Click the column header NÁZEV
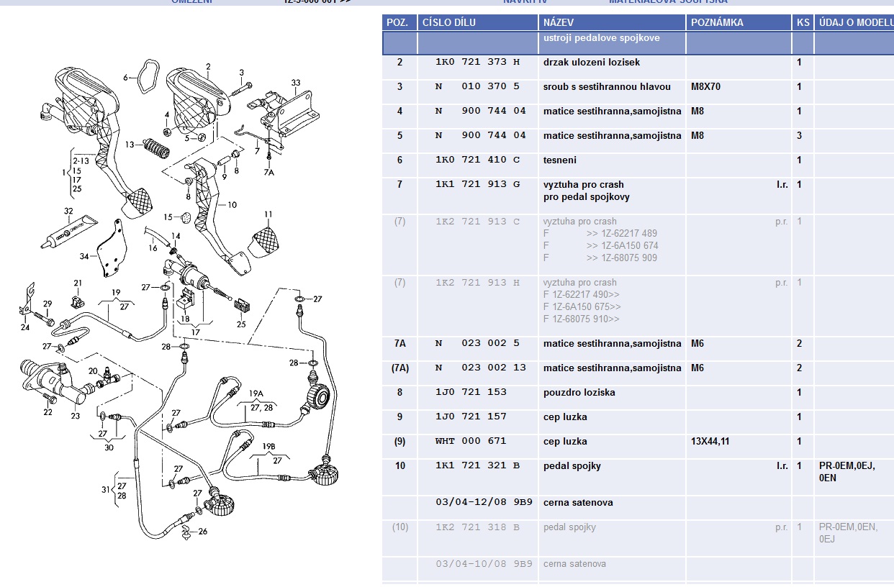point(559,22)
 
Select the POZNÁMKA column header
point(717,22)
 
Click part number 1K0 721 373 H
point(477,63)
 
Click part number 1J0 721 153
point(471,393)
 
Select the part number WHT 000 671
point(471,442)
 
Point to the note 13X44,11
point(710,442)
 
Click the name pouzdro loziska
point(579,393)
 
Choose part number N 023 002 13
point(480,368)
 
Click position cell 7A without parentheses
point(400,344)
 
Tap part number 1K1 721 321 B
point(477,466)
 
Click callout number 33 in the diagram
point(296,83)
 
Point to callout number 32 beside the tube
point(68,211)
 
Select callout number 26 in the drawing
point(202,532)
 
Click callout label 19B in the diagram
point(268,447)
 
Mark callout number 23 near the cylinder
point(76,416)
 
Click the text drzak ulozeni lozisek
point(591,63)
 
